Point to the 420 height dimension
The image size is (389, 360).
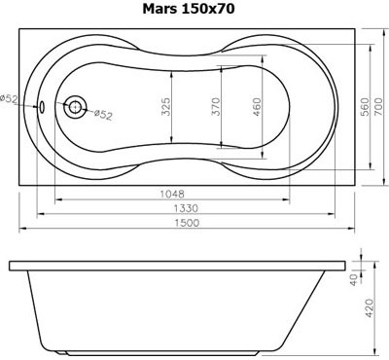click(x=371, y=309)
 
